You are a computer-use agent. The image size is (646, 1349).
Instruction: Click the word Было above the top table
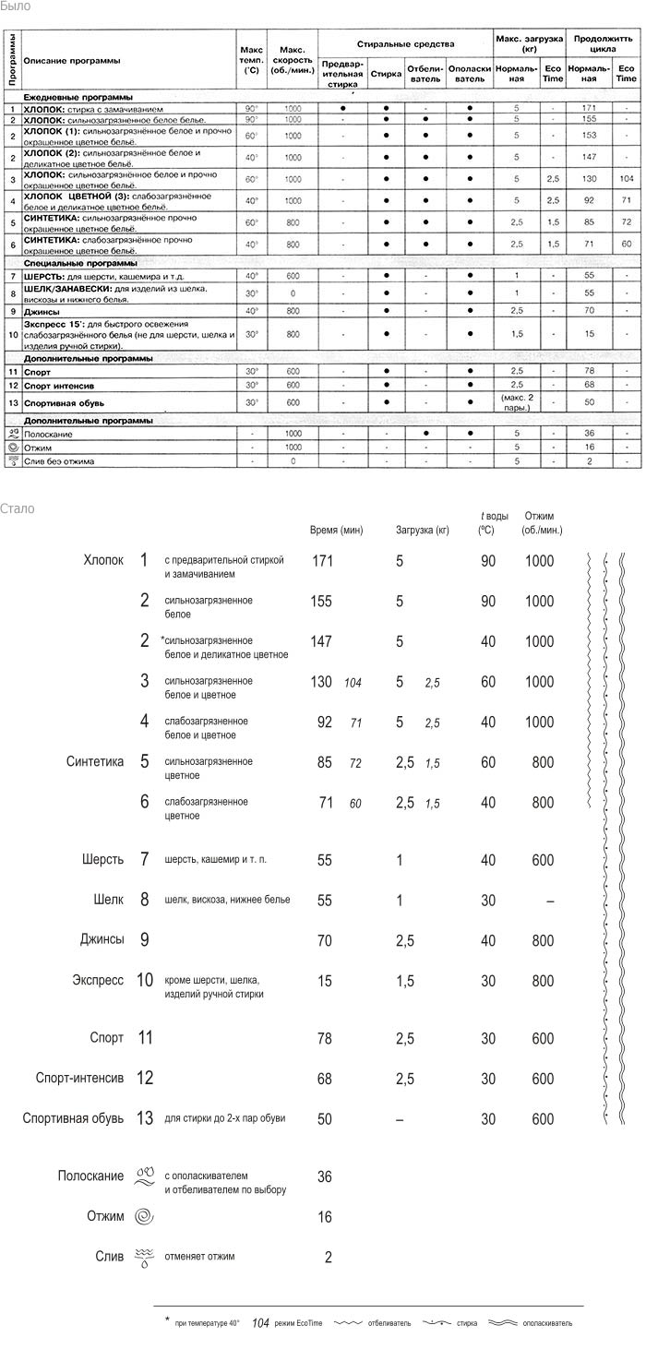click(16, 6)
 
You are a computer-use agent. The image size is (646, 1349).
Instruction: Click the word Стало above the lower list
click(18, 508)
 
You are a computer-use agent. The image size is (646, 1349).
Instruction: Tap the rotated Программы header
click(11, 59)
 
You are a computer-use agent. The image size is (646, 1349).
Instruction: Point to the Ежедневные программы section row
click(78, 97)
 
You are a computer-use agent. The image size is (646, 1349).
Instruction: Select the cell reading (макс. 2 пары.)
click(517, 402)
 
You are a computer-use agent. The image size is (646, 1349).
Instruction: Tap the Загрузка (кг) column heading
click(422, 531)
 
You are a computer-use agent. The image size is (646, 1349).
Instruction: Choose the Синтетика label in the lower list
click(95, 762)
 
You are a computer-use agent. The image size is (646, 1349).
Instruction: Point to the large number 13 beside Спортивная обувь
click(144, 1118)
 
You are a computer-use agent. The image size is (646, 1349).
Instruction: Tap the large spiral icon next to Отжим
click(145, 1217)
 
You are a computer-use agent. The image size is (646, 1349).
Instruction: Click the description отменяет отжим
click(199, 1256)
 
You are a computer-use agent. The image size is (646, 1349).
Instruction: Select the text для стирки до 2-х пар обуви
click(224, 1118)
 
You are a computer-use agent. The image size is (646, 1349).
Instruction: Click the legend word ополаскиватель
click(547, 1323)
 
